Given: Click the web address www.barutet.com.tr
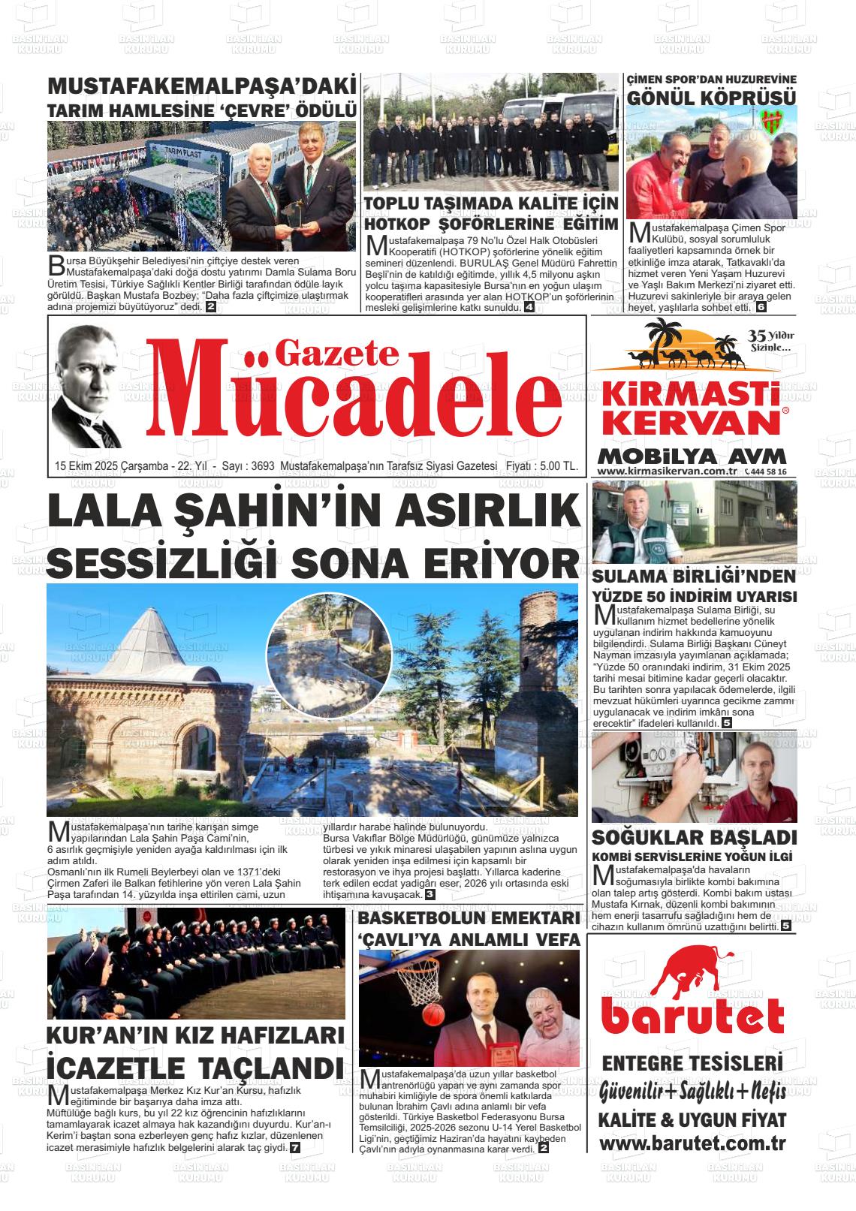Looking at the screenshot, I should click(x=692, y=1143).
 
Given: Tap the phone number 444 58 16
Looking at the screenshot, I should click(x=767, y=471).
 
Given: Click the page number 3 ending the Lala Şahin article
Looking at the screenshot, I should click(x=430, y=894).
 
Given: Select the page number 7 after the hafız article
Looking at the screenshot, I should click(x=295, y=1148).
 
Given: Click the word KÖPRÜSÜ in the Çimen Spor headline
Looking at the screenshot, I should click(x=752, y=98).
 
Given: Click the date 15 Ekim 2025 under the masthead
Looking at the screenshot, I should click(x=88, y=466).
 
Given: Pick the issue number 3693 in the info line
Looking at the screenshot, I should click(x=263, y=466).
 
